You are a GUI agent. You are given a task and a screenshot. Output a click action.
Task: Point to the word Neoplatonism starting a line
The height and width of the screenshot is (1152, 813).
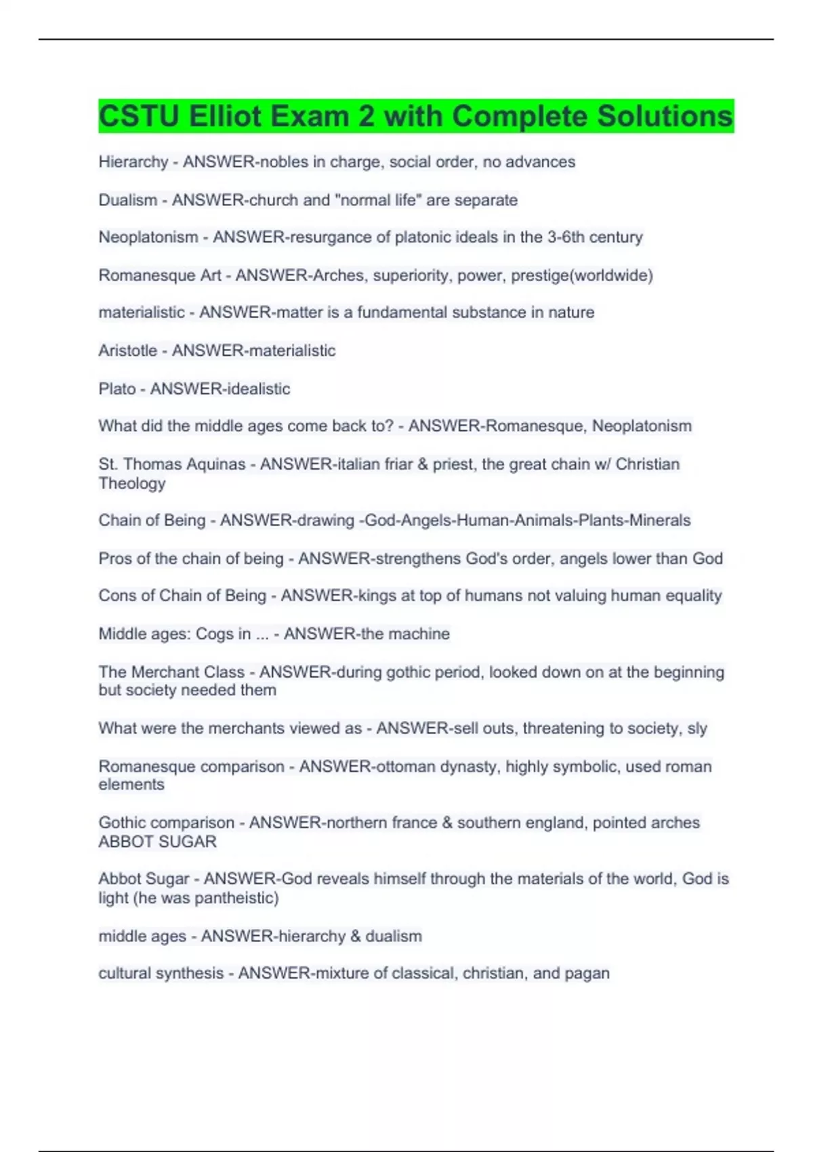click(148, 237)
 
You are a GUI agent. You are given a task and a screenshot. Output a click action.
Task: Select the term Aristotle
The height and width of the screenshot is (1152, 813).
click(127, 350)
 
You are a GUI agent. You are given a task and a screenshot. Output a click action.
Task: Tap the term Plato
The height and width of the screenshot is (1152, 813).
click(117, 388)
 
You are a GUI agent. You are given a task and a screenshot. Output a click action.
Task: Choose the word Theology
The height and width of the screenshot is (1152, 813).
click(132, 483)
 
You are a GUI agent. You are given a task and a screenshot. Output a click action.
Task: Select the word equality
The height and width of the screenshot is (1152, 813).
click(694, 596)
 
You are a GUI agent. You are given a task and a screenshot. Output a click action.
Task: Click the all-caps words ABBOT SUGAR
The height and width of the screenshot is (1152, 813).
click(157, 842)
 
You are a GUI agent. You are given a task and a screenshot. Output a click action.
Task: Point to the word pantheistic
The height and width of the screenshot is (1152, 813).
click(235, 898)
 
